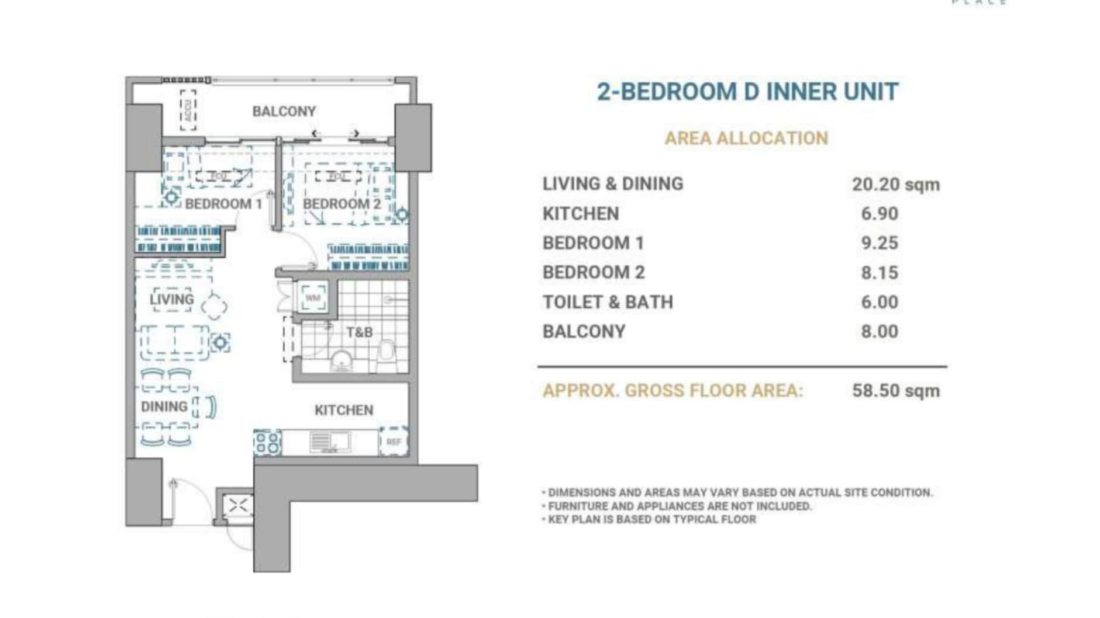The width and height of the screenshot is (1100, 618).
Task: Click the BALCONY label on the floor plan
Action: point(284,111)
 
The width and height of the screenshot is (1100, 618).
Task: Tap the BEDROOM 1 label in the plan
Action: point(223,204)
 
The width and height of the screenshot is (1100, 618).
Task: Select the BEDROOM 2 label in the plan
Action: point(342,204)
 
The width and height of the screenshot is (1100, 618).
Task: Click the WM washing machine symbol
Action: point(313,298)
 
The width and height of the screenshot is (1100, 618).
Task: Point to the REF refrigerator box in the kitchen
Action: point(394,442)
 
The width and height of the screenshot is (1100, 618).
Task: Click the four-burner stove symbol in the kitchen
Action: point(267,442)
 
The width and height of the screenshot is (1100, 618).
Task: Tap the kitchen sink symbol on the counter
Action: point(329,442)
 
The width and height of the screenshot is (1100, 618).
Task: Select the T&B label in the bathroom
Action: point(359,332)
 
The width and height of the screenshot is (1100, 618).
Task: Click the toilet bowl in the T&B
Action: point(387,353)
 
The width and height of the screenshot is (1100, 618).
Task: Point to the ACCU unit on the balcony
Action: point(188,110)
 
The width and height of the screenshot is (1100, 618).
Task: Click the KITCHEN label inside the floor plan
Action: point(344,410)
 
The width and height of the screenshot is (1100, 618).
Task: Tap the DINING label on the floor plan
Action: point(164,407)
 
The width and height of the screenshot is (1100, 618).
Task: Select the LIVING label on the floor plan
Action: point(171,300)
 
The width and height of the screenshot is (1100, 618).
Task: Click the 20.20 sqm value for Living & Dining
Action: point(895,185)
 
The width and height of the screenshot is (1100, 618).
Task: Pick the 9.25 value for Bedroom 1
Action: point(879,243)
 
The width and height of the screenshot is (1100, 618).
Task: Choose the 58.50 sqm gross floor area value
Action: point(895,391)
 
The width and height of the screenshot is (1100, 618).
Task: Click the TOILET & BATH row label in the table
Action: point(608,302)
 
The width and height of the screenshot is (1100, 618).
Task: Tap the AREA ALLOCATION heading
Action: point(746,138)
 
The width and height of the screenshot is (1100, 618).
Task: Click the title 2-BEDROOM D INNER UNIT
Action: point(747,92)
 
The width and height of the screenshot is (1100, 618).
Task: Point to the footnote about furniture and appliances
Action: point(679,506)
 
